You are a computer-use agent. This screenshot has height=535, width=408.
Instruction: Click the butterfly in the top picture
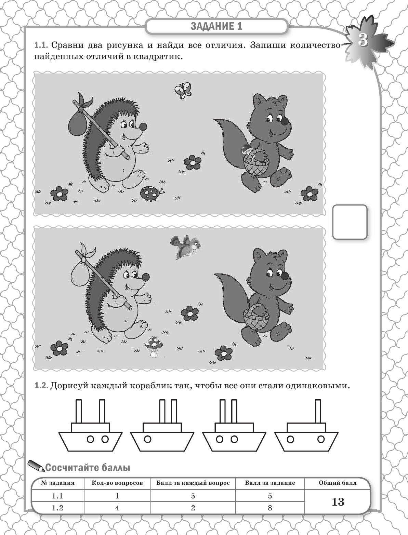pyautogui.click(x=183, y=90)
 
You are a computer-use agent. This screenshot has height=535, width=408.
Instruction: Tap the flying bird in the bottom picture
pyautogui.click(x=186, y=247)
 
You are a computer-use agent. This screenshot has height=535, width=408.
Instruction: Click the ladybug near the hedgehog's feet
pyautogui.click(x=152, y=193)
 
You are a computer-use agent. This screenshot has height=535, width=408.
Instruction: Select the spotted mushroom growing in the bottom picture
pyautogui.click(x=154, y=347)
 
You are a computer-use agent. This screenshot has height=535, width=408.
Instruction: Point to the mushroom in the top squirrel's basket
pyautogui.click(x=247, y=149)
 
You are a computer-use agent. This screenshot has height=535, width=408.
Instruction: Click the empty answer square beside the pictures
pyautogui.click(x=350, y=222)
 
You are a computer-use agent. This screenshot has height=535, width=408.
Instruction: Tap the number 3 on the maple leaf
pyautogui.click(x=363, y=40)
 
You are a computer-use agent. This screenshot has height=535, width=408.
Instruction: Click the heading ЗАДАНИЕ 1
pyautogui.click(x=216, y=26)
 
